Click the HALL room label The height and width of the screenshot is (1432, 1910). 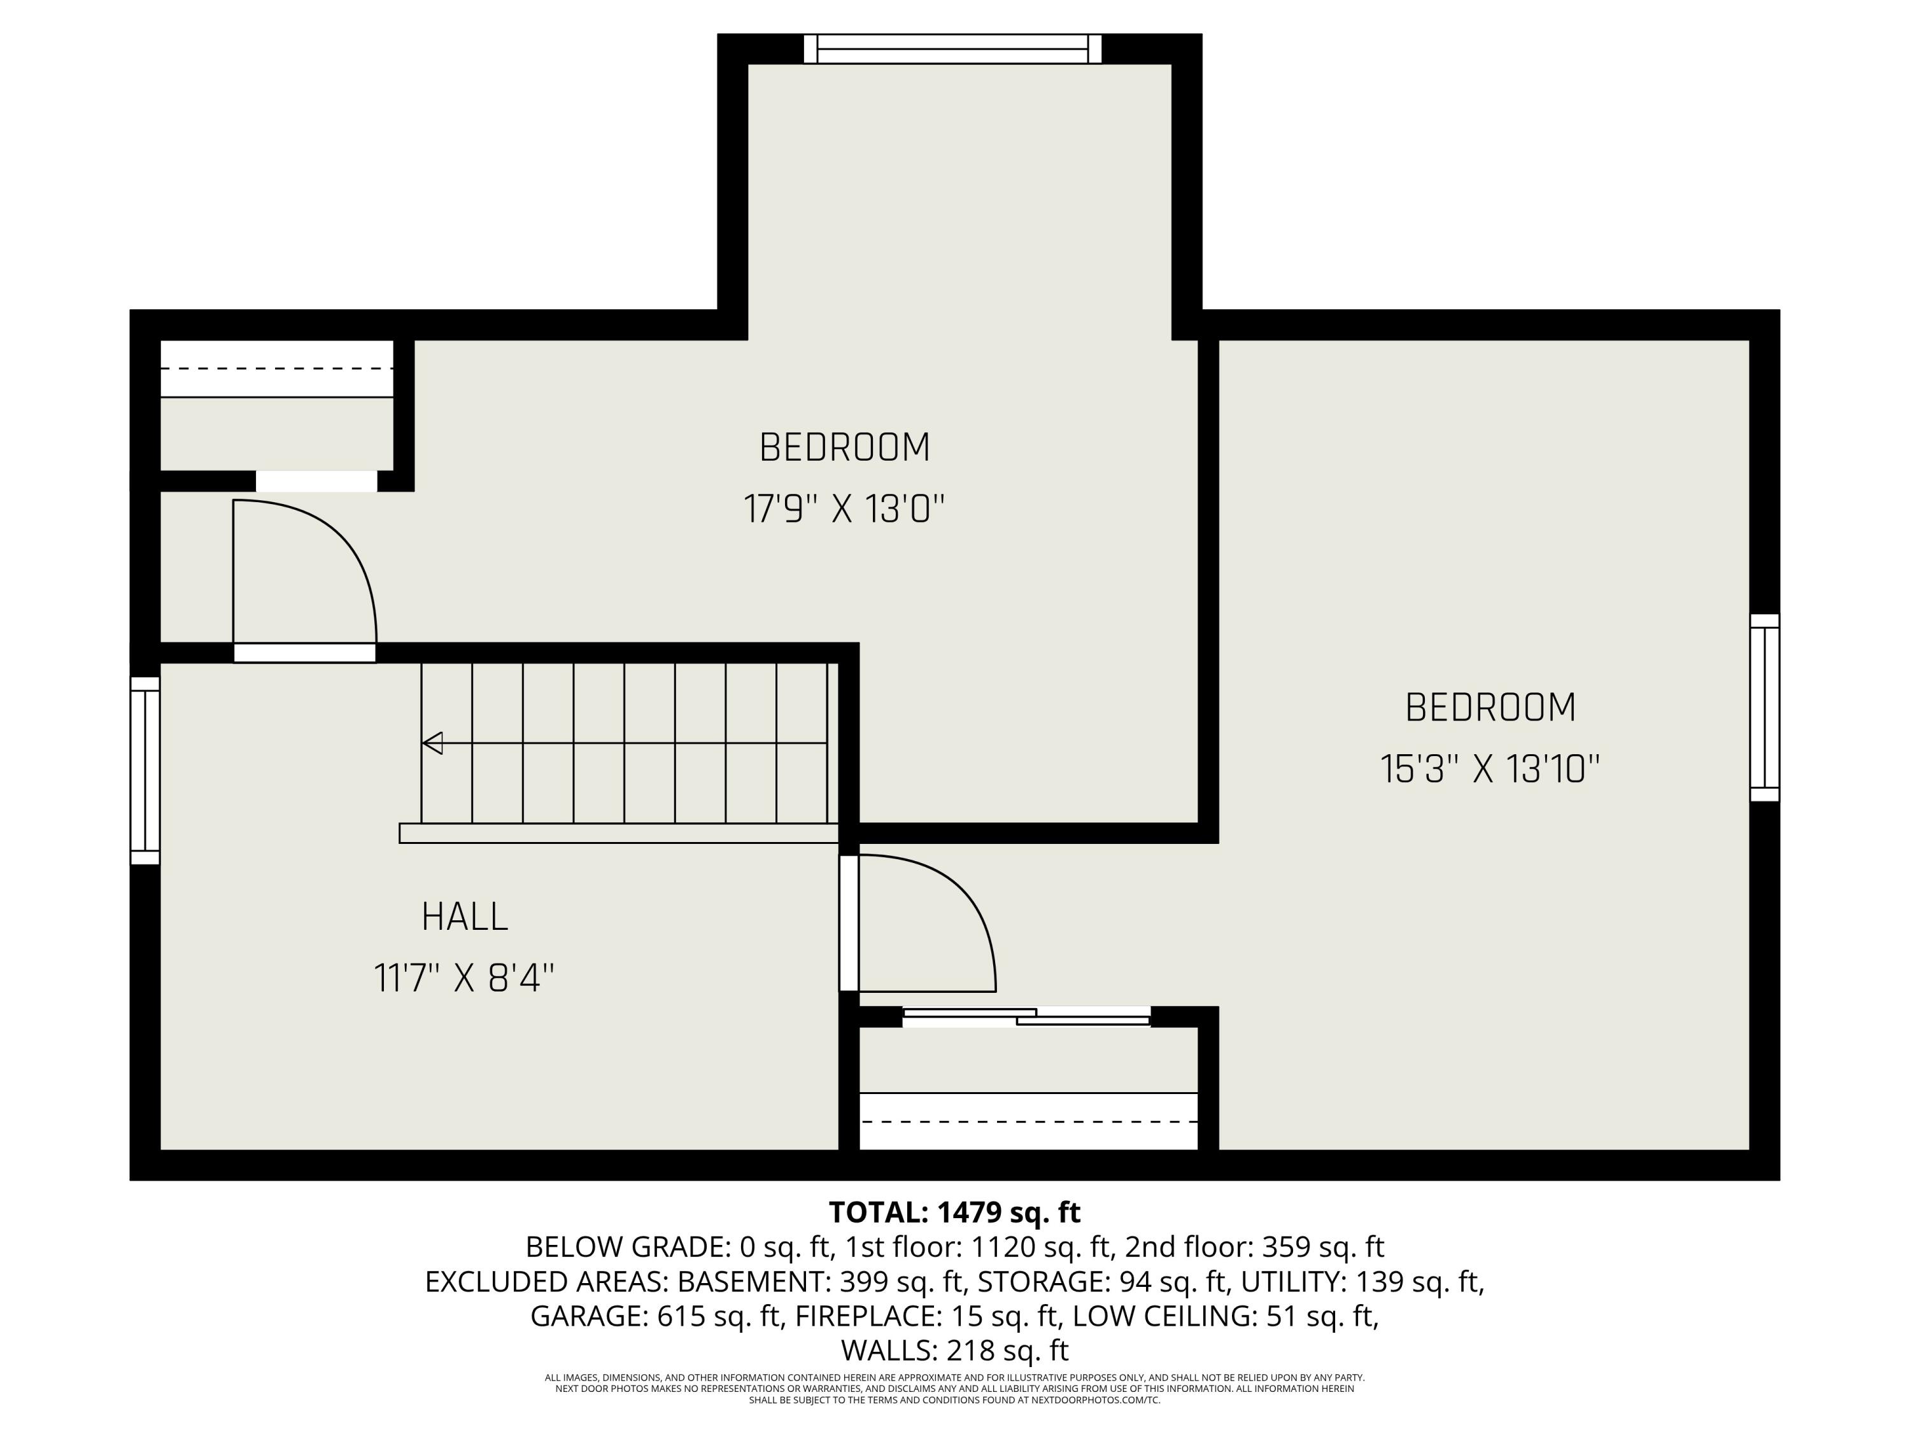pyautogui.click(x=465, y=916)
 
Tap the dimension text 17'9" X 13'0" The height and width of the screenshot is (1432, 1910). pyautogui.click(x=844, y=509)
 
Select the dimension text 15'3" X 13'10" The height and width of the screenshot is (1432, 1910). pyautogui.click(x=1490, y=769)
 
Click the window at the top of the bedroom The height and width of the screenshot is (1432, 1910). pyautogui.click(x=952, y=49)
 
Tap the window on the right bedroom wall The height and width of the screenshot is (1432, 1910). pyautogui.click(x=1765, y=708)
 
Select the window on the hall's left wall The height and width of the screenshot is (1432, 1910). pyautogui.click(x=145, y=770)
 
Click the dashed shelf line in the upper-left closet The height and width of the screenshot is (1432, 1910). pyautogui.click(x=276, y=369)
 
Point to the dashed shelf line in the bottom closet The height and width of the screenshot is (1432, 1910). pyautogui.click(x=1028, y=1121)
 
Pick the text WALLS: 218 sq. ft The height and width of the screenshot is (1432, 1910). pyautogui.click(x=954, y=1350)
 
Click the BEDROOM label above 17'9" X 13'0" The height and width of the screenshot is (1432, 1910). pyautogui.click(x=844, y=447)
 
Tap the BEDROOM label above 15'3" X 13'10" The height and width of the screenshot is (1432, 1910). pyautogui.click(x=1490, y=708)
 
